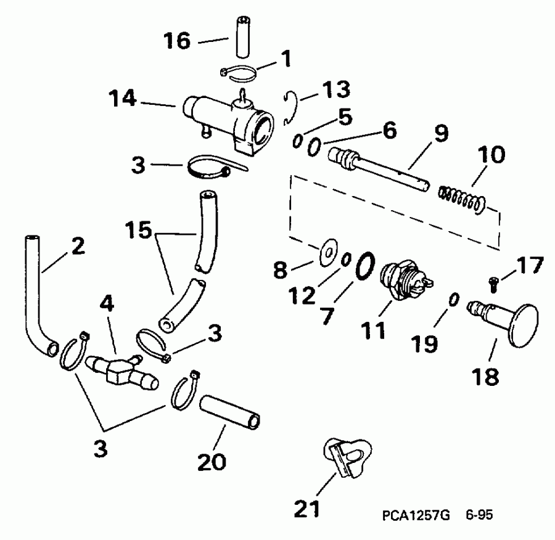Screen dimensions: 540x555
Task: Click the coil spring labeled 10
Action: click(462, 199)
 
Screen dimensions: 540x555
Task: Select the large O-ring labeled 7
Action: click(364, 265)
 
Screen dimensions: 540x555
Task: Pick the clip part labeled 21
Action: click(348, 456)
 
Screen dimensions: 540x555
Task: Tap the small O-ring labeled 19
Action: click(453, 299)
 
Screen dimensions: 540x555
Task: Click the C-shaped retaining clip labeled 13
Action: click(292, 108)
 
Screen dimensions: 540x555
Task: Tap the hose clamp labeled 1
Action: click(237, 75)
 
